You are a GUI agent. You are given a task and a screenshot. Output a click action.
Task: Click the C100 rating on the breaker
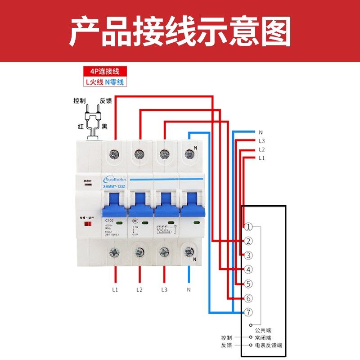point(109,221)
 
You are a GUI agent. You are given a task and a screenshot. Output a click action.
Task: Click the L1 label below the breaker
point(115,289)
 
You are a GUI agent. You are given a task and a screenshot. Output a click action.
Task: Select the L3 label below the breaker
point(164,289)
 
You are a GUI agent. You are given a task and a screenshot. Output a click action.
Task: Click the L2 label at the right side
point(262,150)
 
